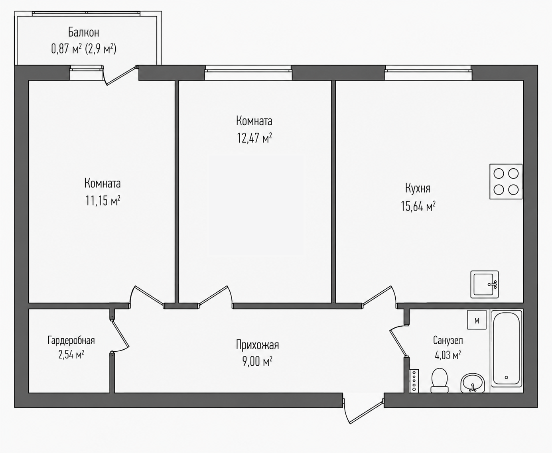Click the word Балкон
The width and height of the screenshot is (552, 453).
[84, 32]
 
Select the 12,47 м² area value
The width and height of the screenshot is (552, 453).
[254, 138]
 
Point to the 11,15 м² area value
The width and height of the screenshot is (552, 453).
[103, 201]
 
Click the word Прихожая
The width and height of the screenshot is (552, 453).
[257, 345]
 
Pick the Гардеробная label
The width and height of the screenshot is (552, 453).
[71, 341]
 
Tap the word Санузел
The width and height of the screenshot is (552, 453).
[448, 340]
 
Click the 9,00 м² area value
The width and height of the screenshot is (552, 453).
[257, 361]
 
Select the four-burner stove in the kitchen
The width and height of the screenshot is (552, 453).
[506, 181]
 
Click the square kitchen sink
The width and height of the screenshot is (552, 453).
[485, 284]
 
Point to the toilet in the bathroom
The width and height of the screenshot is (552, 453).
[440, 380]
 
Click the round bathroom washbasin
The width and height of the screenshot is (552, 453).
[473, 383]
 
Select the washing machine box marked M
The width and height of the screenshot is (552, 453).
[477, 319]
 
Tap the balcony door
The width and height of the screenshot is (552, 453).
[120, 75]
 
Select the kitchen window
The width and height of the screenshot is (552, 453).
[428, 73]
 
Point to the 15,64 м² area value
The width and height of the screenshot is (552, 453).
[418, 206]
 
